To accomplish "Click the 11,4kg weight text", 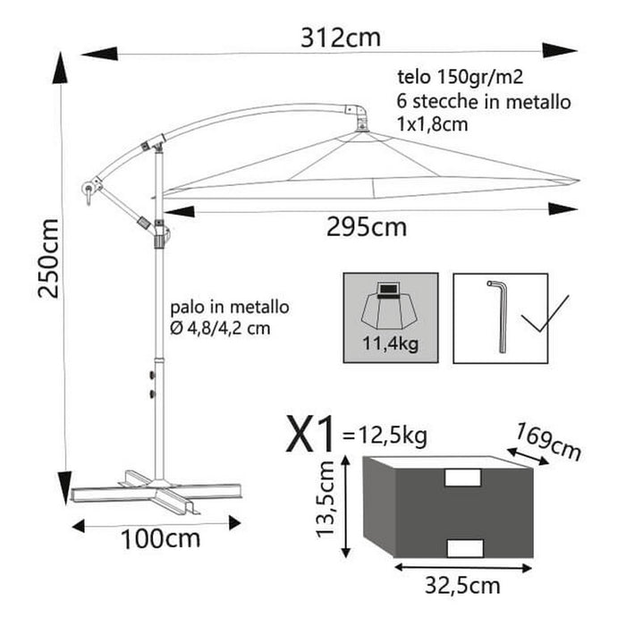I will (x=390, y=341).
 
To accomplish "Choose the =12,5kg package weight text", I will (x=385, y=436).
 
